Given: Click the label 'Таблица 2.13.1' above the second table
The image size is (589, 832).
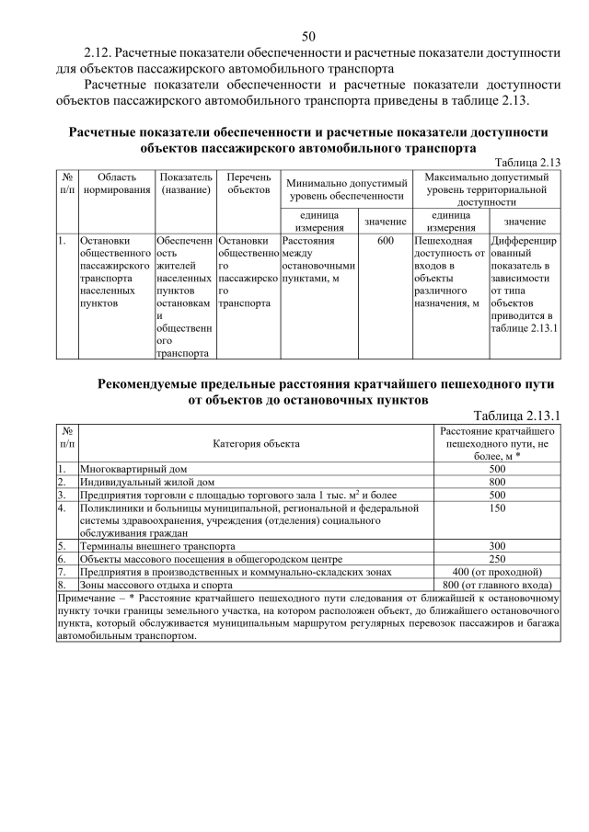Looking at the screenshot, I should pos(516,416).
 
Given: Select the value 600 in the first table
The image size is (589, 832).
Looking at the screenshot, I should pos(386,241).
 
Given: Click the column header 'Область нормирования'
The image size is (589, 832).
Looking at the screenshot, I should pos(116,184).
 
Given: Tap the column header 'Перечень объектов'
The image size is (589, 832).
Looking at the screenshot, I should pos(248,184).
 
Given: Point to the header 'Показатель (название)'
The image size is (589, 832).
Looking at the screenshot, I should pos(186,184).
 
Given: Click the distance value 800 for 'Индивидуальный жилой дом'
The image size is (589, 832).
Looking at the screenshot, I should pos(497,481).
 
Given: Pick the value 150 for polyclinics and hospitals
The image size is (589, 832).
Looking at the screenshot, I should pos(497,507).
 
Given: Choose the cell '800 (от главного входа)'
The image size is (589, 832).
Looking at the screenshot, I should pos(497,585).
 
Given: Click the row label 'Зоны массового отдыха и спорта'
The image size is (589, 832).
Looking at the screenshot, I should pos(156,585).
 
